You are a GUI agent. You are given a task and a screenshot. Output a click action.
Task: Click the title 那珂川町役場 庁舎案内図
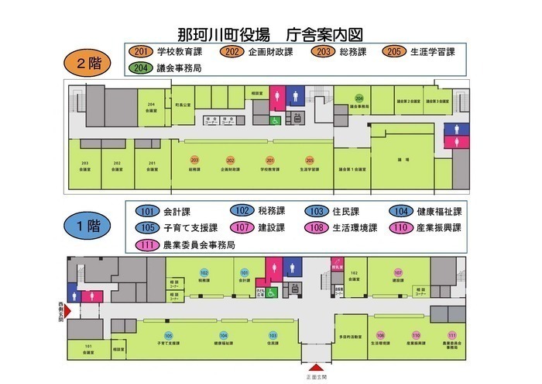coord(271,34)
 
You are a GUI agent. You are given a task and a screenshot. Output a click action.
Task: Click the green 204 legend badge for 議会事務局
coord(140,67)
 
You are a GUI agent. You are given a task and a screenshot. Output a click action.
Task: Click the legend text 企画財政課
coord(270,52)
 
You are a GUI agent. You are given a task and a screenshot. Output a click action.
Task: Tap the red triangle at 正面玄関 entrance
coord(316,368)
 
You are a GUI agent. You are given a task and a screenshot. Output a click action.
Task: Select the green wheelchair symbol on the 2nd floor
coord(274,121)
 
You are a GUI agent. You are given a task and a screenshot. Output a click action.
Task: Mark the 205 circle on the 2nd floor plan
coord(310,159)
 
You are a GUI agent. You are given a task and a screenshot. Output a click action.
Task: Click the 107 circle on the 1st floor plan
coord(398,273)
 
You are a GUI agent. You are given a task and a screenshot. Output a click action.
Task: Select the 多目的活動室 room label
coord(352,338)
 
